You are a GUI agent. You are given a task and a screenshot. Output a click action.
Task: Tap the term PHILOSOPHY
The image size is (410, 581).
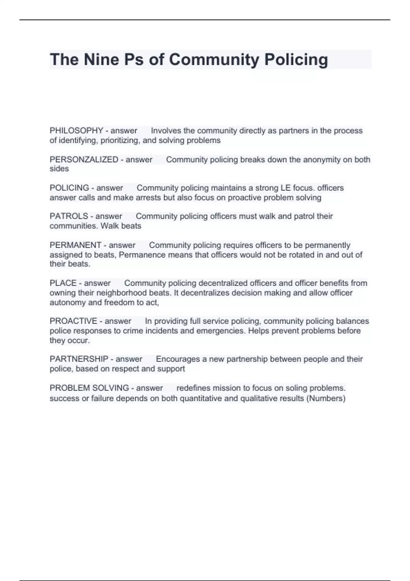tap(76, 131)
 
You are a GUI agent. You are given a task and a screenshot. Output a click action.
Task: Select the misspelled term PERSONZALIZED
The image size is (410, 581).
tap(84, 160)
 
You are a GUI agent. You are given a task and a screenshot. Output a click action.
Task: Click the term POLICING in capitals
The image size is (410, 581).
tap(69, 188)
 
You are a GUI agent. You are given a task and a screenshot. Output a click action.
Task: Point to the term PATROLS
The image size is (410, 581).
tap(69, 216)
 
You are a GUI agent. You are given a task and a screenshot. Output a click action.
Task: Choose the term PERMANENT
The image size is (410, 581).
tap(76, 245)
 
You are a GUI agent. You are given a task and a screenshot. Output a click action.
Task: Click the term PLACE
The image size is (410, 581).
tap(63, 283)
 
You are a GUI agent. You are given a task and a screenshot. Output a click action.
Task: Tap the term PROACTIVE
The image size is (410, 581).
tap(73, 321)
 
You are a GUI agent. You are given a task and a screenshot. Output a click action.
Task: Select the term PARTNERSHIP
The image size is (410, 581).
tap(79, 359)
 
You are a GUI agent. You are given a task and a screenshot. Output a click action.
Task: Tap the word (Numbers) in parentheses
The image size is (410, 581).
tap(326, 398)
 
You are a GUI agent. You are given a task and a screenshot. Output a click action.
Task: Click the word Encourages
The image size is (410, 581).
tap(178, 359)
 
